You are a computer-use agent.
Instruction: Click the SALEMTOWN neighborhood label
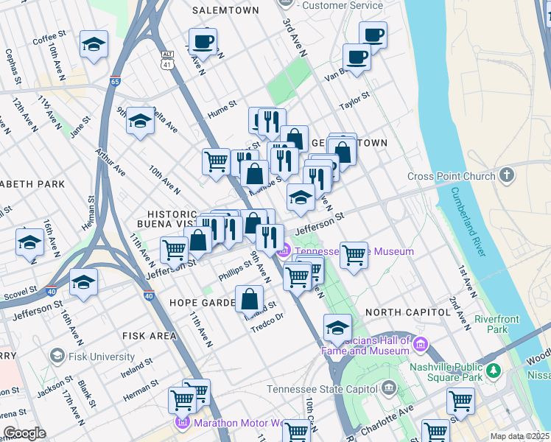(x=225, y=10)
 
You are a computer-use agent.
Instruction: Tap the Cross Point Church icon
(x=506, y=176)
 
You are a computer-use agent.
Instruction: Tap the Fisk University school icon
(x=57, y=357)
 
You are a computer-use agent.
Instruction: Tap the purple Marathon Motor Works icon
(x=182, y=423)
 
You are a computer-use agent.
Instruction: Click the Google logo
(x=24, y=433)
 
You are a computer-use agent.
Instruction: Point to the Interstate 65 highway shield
(x=115, y=83)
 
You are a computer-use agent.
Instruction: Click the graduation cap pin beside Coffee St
(x=94, y=44)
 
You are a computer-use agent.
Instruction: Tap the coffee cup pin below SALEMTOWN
(x=202, y=41)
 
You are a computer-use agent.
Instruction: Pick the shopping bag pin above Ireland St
(x=250, y=298)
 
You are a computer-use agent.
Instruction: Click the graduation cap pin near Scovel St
(x=84, y=281)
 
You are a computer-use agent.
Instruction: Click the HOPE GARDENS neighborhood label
(x=201, y=303)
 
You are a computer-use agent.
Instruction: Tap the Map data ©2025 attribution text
(x=519, y=436)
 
